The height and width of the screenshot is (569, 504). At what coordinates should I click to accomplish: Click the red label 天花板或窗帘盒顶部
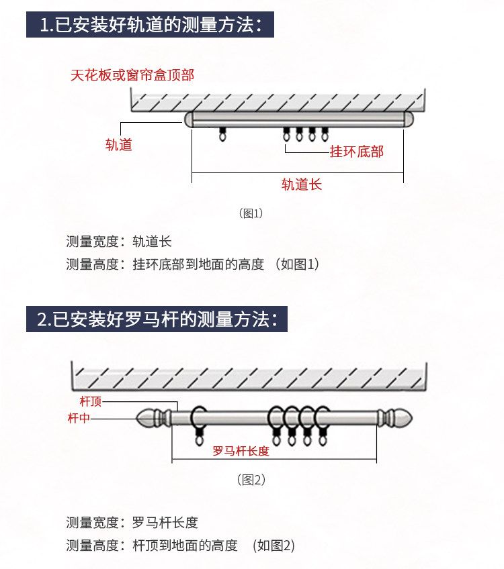coord(132,74)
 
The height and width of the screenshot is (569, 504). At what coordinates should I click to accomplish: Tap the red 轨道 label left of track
coord(119,144)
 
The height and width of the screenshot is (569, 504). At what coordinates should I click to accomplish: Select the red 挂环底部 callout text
coord(356,152)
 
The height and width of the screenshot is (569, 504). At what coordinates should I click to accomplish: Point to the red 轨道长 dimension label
coord(302,185)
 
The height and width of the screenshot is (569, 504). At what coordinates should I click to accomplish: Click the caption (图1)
coord(251,213)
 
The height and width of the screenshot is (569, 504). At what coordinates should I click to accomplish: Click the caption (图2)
coord(252,480)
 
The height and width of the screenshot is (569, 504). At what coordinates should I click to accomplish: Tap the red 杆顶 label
coord(90,402)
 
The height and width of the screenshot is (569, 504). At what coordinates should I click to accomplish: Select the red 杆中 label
coord(79,419)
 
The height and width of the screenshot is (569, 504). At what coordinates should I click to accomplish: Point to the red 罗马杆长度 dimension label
coord(241,451)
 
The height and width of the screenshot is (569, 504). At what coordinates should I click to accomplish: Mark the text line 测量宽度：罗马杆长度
coord(132,522)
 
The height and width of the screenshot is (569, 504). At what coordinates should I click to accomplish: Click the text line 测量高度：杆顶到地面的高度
coord(181,545)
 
